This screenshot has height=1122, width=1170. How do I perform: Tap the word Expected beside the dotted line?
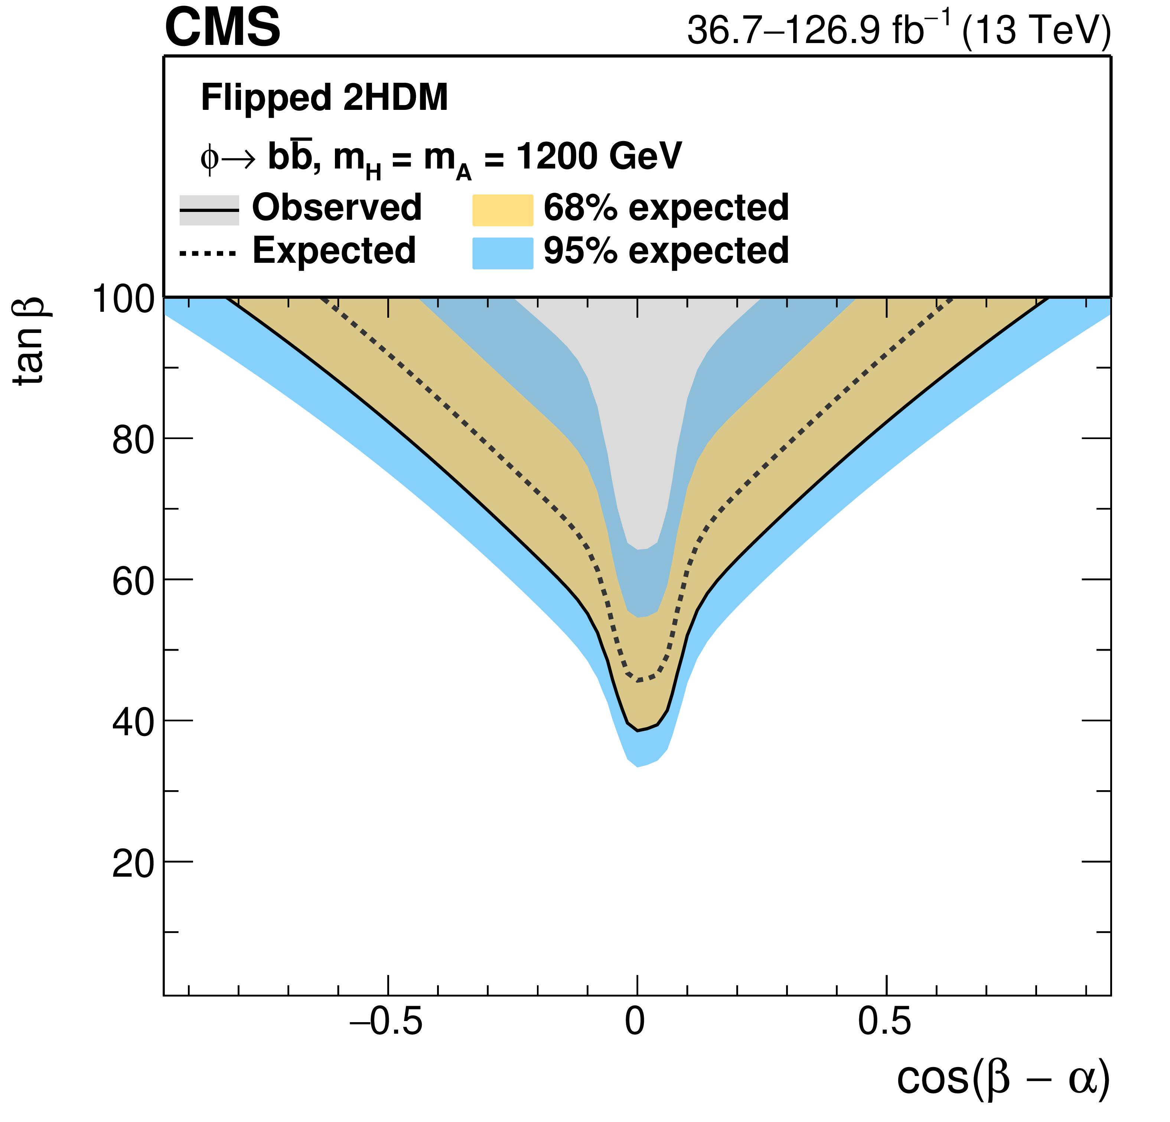point(334,250)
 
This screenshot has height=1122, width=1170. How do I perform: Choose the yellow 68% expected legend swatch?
point(503,210)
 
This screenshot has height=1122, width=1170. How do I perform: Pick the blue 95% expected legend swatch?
point(503,253)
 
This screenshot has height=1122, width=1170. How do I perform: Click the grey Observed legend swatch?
point(209,210)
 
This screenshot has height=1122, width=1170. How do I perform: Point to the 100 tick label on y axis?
point(123,298)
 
